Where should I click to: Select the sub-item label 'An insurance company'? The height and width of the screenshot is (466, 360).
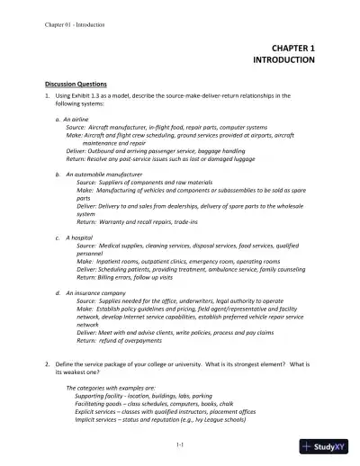pos(99,292)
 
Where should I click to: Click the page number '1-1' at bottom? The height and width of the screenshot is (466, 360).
pos(180,444)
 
